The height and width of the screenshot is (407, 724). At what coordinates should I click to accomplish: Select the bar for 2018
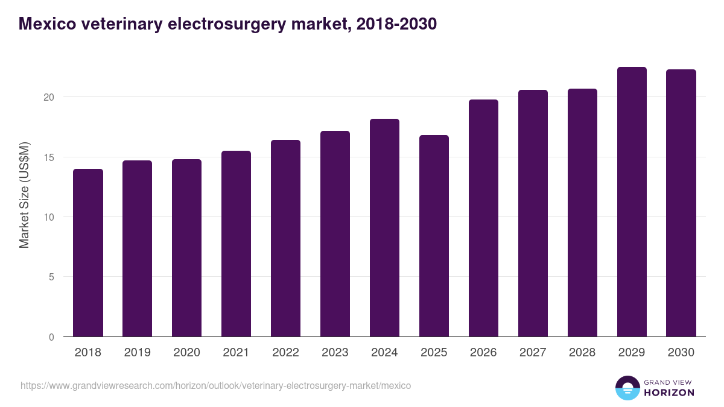[88, 253]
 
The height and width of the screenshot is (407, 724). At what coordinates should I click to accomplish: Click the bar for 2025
[434, 236]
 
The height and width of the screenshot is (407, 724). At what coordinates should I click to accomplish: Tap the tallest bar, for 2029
[632, 202]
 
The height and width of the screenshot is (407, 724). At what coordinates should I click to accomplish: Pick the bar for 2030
[681, 203]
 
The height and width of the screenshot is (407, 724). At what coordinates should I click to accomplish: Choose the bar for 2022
[285, 239]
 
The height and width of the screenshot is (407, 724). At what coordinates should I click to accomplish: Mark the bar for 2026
[483, 218]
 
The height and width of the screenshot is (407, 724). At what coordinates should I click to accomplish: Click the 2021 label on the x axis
[236, 353]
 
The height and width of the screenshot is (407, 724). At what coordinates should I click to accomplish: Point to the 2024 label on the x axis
[384, 353]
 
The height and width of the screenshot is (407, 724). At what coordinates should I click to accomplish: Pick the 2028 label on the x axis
[582, 353]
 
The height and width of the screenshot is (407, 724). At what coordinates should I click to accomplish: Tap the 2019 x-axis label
[138, 353]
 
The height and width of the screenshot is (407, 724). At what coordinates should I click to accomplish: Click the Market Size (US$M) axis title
[24, 195]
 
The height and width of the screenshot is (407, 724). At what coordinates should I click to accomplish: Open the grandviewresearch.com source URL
[215, 385]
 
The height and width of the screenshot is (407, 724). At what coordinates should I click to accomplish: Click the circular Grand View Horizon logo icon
[627, 388]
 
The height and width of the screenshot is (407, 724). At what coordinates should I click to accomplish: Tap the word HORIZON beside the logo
[669, 393]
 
